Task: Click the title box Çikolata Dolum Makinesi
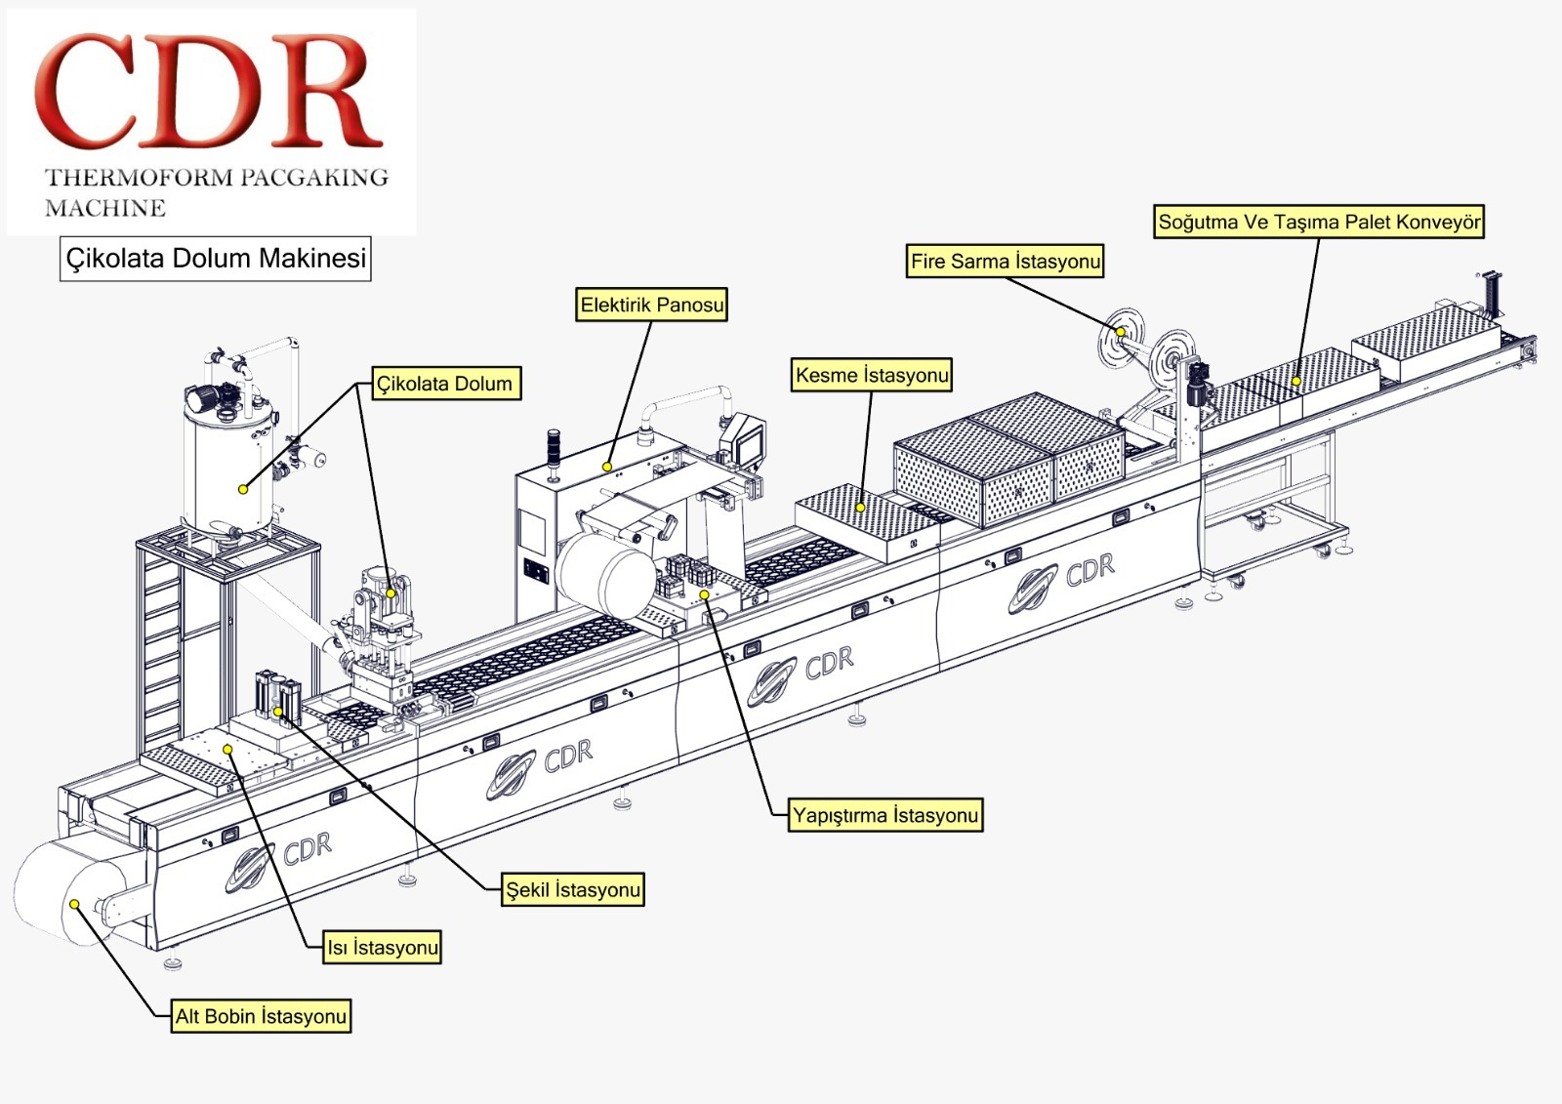pyautogui.click(x=216, y=259)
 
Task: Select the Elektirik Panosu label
pyautogui.click(x=652, y=305)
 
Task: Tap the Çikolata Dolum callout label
pyautogui.click(x=445, y=384)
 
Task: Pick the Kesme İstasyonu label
pyautogui.click(x=871, y=375)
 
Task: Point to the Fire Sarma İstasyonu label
pyautogui.click(x=1005, y=261)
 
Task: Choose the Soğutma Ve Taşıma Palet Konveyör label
pyautogui.click(x=1318, y=222)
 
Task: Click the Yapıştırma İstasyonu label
pyautogui.click(x=884, y=815)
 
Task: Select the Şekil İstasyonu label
pyautogui.click(x=573, y=890)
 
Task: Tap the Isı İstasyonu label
pyautogui.click(x=383, y=948)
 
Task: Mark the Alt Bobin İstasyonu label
pyautogui.click(x=261, y=1016)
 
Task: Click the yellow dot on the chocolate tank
pyautogui.click(x=243, y=489)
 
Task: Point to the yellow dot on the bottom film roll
pyautogui.click(x=74, y=904)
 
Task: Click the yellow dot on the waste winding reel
pyautogui.click(x=1122, y=333)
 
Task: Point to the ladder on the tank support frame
pyautogui.click(x=161, y=644)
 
